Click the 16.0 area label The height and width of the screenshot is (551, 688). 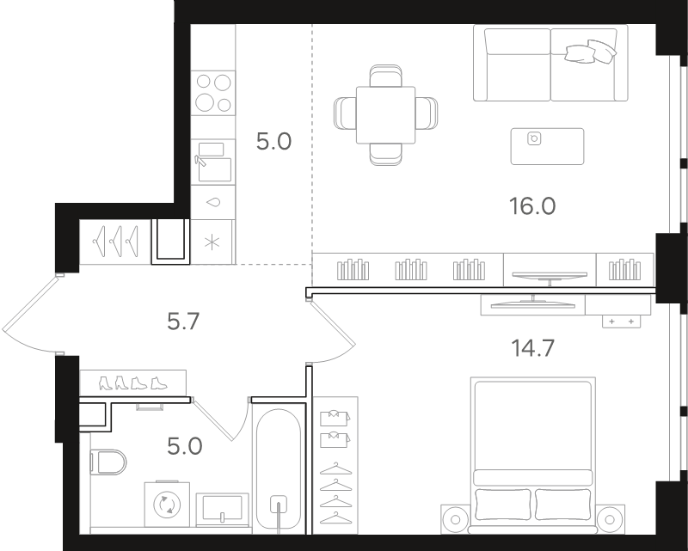point(532,205)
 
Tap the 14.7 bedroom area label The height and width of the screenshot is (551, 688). point(532,348)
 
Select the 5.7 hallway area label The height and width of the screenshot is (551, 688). point(183,321)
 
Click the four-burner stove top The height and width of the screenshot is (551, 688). point(213,93)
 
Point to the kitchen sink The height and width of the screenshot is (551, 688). point(213,162)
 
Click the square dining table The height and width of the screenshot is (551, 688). point(385,115)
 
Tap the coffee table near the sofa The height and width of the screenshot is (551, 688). point(547,146)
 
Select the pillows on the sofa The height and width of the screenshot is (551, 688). point(591,52)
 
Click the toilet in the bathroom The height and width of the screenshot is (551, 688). point(108,462)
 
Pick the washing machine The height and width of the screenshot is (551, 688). point(167,504)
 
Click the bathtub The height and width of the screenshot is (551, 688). point(279,469)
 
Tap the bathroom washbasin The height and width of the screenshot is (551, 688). point(223,509)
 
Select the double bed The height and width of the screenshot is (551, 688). point(533,455)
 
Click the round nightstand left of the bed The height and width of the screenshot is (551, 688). point(456,519)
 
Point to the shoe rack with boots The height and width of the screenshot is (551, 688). point(133,383)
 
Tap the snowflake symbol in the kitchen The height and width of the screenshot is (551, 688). point(212,242)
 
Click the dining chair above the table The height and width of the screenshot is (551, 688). point(385,76)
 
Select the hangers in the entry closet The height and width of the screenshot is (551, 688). point(115,242)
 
